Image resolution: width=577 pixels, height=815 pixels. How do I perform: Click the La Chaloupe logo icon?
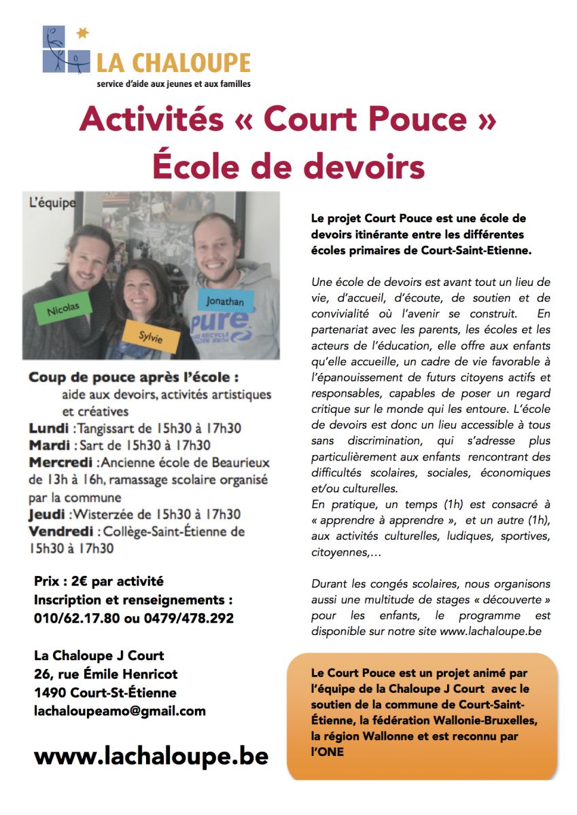tap(65, 49)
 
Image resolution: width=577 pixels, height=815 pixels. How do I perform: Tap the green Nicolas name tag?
tap(63, 309)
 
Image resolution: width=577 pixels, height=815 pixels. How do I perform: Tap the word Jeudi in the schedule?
tap(47, 514)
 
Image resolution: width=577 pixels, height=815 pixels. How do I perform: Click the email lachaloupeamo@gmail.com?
tap(120, 711)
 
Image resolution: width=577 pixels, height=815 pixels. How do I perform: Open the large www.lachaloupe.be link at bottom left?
tap(151, 756)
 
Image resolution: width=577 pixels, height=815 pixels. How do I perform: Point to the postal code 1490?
tap(48, 693)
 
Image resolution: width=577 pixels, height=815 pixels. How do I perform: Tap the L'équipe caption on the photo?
tap(52, 203)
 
